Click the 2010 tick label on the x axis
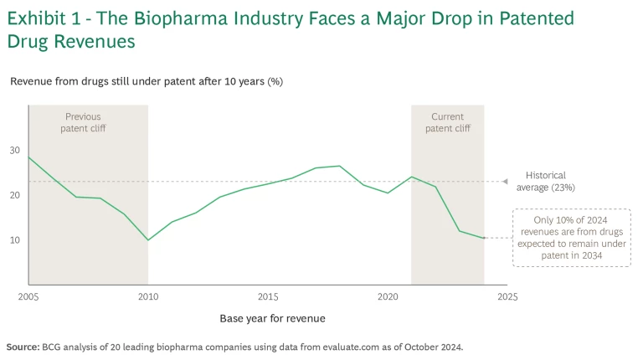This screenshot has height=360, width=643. point(148,296)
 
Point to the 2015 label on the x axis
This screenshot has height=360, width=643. point(268,296)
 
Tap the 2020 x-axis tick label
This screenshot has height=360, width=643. point(388,296)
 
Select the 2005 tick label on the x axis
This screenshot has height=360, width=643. point(28,296)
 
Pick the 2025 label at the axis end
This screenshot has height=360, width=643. point(507,296)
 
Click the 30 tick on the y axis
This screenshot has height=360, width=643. point(14,151)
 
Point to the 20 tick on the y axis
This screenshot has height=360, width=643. point(14,195)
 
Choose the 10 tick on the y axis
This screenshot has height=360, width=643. point(14,240)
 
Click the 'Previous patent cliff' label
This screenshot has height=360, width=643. point(83,122)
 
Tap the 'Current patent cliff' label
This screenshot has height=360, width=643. point(447,122)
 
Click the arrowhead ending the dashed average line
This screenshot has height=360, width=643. point(505,181)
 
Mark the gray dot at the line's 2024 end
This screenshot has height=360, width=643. point(484,238)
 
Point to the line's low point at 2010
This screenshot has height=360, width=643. point(148,240)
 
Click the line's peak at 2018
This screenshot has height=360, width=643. point(340,166)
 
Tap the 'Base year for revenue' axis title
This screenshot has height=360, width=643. point(272,318)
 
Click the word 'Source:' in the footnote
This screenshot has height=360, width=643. point(21,346)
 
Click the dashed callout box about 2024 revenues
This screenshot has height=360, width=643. point(571,238)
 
